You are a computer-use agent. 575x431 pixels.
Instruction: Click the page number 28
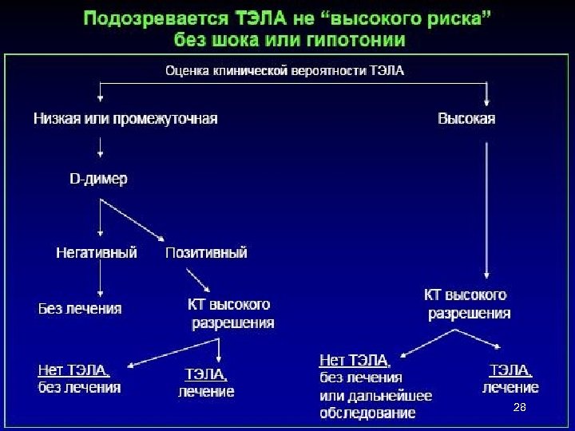(x=519, y=408)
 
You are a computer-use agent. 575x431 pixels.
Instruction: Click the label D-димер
(x=97, y=180)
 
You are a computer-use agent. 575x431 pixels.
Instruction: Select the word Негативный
(x=97, y=252)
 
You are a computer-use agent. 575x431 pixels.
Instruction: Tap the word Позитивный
(x=206, y=252)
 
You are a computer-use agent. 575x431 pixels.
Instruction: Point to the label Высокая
(x=467, y=119)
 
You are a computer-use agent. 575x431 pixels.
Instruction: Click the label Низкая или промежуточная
(x=125, y=119)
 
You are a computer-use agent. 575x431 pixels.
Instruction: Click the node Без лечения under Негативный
(x=80, y=308)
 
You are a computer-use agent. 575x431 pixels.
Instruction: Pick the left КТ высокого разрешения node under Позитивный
(x=231, y=314)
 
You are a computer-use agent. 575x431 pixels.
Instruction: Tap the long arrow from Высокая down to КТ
(x=487, y=208)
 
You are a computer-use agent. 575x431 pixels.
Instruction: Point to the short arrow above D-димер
(x=99, y=145)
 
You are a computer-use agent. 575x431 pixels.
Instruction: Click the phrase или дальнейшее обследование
(x=375, y=404)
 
